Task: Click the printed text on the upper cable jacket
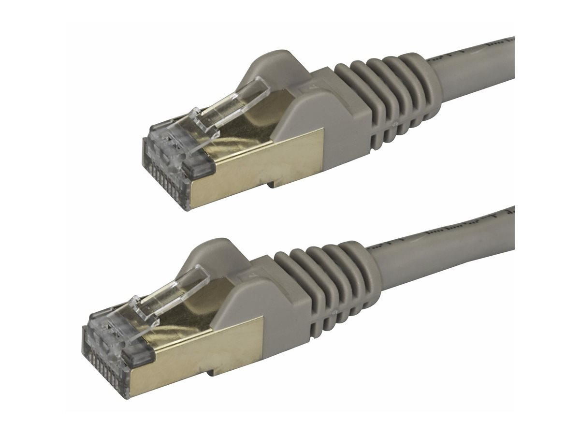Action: [483, 48]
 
